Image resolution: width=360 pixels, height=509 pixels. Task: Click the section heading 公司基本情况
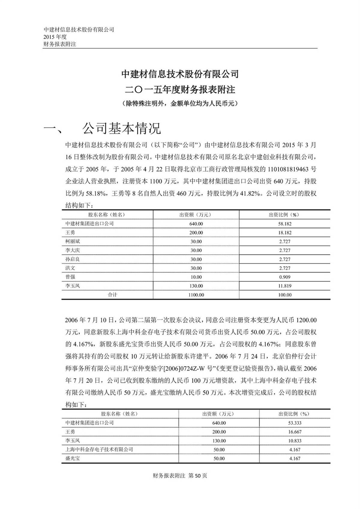[x=121, y=128]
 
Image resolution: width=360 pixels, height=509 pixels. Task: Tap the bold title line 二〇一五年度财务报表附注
[x=180, y=89]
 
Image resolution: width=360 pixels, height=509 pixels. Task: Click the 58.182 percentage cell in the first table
[x=284, y=224]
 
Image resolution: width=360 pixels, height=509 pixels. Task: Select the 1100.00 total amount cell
[x=196, y=295]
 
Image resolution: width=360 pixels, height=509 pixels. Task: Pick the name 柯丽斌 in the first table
[x=73, y=241]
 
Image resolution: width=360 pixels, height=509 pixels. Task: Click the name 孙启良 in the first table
[x=73, y=259]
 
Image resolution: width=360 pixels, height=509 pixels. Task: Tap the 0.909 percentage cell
[x=284, y=277]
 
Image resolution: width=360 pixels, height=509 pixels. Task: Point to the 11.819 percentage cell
[x=284, y=286]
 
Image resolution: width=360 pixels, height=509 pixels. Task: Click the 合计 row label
[x=112, y=295]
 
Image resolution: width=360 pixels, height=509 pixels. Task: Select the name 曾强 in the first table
[x=70, y=277]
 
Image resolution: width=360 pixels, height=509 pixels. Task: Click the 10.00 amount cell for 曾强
[x=196, y=277]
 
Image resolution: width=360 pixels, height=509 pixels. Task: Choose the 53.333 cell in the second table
[x=294, y=423]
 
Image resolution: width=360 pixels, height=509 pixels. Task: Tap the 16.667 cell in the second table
[x=294, y=432]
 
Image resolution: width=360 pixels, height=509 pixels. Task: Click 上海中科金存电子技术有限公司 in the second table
[x=99, y=450]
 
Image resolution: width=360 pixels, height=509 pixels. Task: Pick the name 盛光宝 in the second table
[x=73, y=459]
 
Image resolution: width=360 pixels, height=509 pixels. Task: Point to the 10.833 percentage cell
[x=294, y=441]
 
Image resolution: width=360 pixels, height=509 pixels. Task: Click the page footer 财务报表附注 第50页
[x=180, y=476]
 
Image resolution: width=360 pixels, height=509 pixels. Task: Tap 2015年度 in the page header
[x=55, y=37]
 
